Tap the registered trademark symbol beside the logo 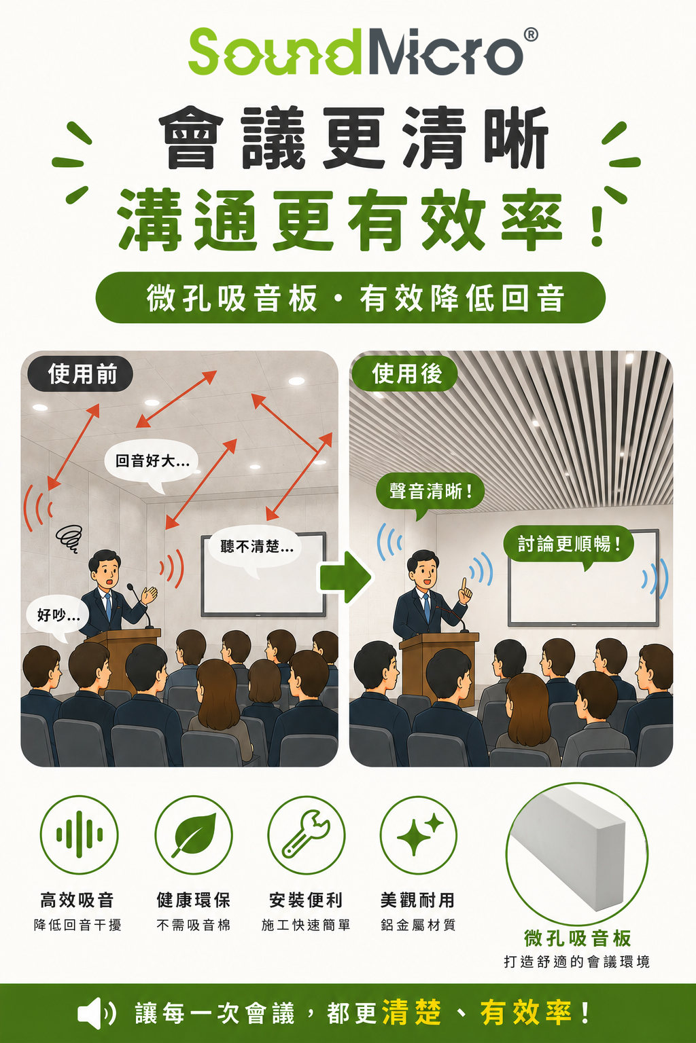(531, 35)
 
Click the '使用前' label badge (80, 374)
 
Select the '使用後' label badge (404, 374)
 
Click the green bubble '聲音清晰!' (430, 492)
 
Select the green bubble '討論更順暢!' (569, 543)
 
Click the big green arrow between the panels (346, 577)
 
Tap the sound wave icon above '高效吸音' (79, 835)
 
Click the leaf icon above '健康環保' (194, 835)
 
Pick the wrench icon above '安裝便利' (307, 835)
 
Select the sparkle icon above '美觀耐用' (418, 835)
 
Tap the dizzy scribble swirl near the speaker (69, 538)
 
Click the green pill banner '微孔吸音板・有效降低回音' (350, 298)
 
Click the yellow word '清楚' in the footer (411, 1012)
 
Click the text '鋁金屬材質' (418, 925)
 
